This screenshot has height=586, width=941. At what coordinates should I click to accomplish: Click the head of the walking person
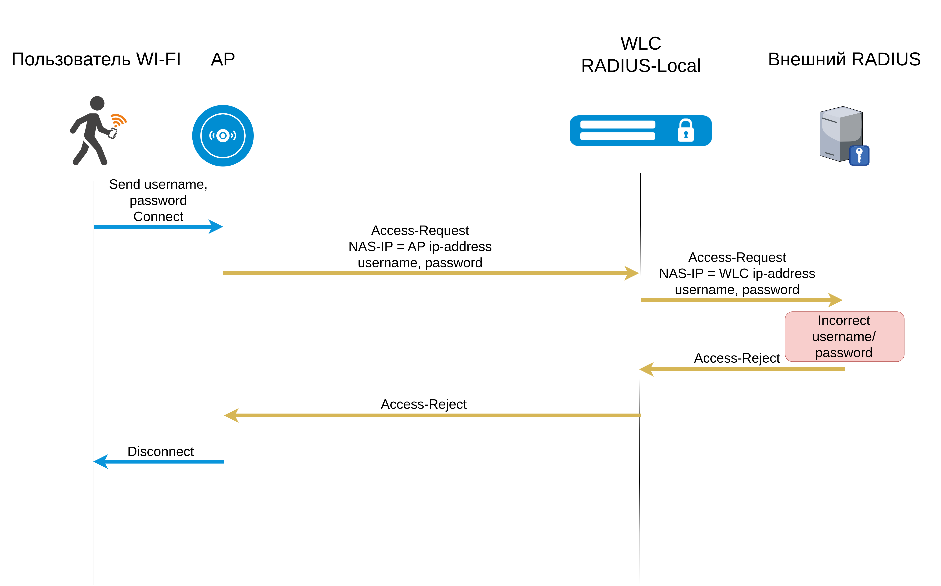click(97, 103)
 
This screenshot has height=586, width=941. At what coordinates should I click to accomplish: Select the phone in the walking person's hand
click(113, 133)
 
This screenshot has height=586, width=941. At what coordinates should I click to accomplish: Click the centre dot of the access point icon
click(223, 136)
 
